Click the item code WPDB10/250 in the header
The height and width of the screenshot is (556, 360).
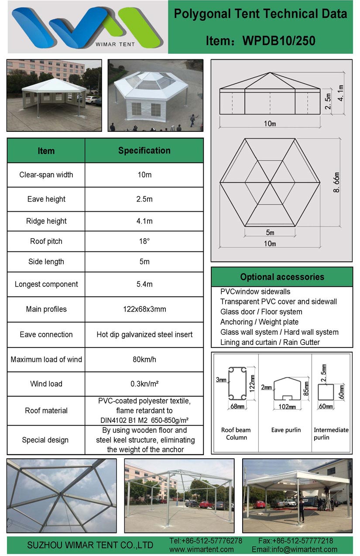(279, 41)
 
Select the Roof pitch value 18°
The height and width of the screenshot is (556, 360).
(144, 241)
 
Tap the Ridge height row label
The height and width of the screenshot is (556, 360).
(46, 221)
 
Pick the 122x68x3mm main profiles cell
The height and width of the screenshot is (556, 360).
(144, 309)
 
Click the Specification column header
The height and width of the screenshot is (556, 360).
(144, 151)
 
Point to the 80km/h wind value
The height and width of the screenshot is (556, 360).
(144, 360)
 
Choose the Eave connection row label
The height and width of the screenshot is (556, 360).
(46, 335)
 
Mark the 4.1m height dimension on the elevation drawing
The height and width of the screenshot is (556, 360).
(341, 93)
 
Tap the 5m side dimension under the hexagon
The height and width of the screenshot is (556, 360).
(270, 232)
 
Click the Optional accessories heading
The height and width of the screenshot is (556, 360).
(282, 277)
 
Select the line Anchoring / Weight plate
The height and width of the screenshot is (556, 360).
(259, 322)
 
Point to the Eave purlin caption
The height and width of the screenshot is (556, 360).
(286, 430)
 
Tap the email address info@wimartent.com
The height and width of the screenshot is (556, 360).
(295, 549)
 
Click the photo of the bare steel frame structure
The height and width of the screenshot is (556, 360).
(179, 495)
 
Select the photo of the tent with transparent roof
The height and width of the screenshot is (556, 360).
(155, 95)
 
